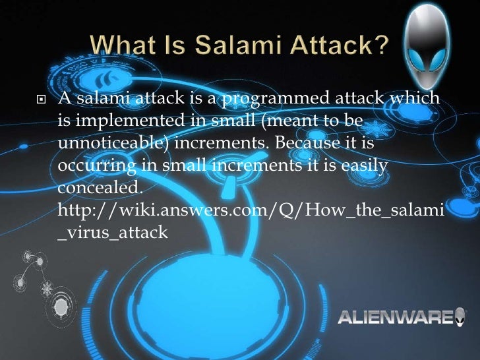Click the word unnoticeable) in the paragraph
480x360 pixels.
[x=114, y=143]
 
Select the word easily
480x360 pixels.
[x=365, y=165]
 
